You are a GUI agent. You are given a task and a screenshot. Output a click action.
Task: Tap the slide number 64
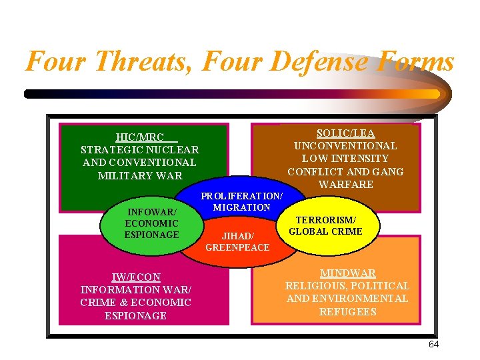[x=433, y=345]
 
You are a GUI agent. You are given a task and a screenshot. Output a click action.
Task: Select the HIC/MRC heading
[x=140, y=137]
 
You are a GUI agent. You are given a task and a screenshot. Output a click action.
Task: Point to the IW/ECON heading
[x=135, y=277]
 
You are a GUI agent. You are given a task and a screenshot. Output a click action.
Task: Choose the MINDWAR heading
[x=347, y=273]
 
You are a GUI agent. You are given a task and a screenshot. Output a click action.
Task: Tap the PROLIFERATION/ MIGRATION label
[x=241, y=201]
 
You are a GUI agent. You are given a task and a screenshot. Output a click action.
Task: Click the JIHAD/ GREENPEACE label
[x=237, y=241]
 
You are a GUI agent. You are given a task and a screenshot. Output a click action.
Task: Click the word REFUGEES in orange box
[x=347, y=311]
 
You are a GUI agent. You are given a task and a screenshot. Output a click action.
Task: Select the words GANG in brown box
[x=389, y=171]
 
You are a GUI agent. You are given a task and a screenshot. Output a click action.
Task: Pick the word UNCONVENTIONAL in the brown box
[x=345, y=146]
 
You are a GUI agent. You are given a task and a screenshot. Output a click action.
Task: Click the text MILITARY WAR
[x=140, y=175]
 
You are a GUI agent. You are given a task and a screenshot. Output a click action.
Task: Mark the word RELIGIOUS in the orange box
[x=315, y=286]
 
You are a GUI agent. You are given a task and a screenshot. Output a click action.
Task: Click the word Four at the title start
[x=54, y=62]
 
